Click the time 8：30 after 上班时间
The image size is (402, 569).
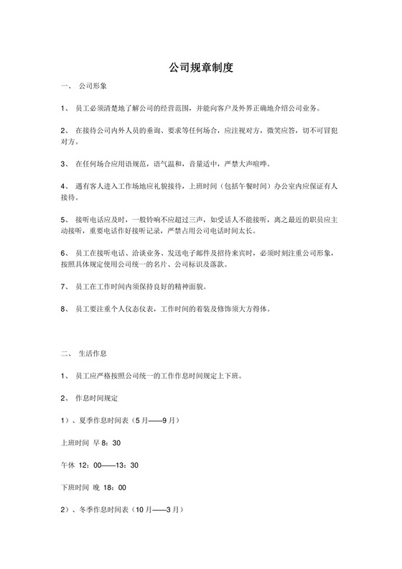point(112,443)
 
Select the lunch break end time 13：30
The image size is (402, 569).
point(128,465)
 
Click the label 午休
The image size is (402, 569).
point(69,465)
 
